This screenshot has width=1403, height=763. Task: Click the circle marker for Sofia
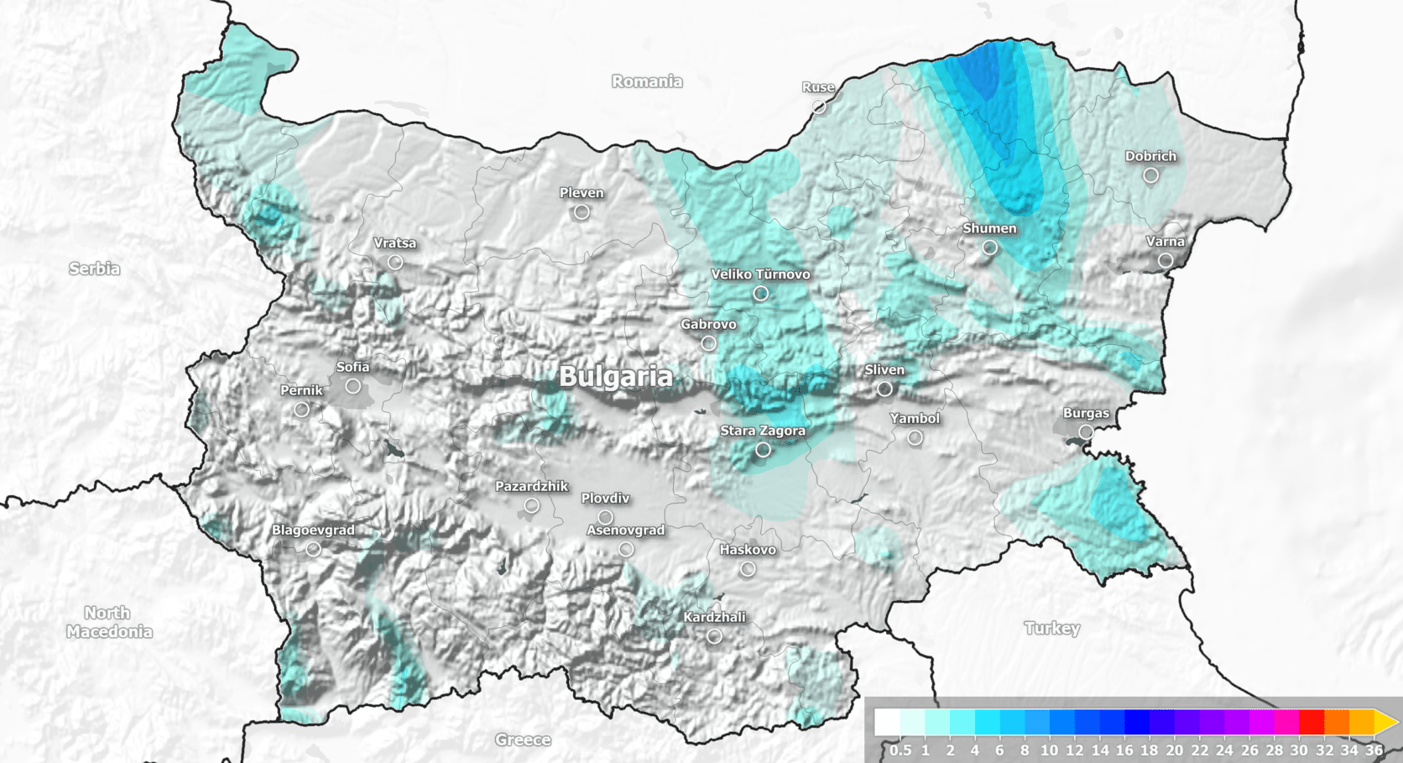point(353,386)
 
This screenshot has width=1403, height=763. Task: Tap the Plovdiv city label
point(605,499)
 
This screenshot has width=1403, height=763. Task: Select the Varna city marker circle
point(1166,261)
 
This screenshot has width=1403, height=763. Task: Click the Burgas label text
point(1086,413)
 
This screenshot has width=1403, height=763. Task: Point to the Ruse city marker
point(818,107)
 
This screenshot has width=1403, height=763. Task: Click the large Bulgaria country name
point(615,377)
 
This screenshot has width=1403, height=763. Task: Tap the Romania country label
point(646,81)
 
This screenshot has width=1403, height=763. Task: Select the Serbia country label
point(94,269)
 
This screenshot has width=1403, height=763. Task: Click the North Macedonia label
point(108,622)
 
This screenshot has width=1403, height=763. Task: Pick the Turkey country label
point(1051,628)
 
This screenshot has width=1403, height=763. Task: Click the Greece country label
point(523,739)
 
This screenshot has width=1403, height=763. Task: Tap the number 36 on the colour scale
point(1374,750)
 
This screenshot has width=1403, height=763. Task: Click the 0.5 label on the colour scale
point(900,750)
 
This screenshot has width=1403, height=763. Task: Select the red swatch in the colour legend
point(1311,722)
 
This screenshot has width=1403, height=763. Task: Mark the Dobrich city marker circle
point(1151,175)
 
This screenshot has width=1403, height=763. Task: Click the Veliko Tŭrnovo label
point(760,274)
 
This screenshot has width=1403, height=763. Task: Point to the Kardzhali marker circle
point(714,636)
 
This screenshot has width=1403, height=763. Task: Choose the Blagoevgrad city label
point(313,530)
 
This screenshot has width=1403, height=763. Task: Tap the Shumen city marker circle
point(990,248)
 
